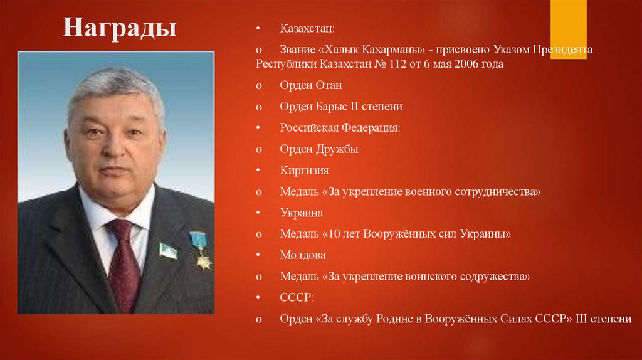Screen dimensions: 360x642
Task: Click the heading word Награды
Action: click(x=119, y=28)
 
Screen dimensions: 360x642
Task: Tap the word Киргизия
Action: click(x=304, y=171)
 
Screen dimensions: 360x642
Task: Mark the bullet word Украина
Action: click(x=302, y=213)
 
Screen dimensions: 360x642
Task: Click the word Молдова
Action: click(x=303, y=255)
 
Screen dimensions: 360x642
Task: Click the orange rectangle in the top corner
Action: click(x=569, y=29)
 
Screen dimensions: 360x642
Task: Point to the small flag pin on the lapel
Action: click(x=167, y=250)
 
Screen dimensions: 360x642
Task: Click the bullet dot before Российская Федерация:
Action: click(x=258, y=128)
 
